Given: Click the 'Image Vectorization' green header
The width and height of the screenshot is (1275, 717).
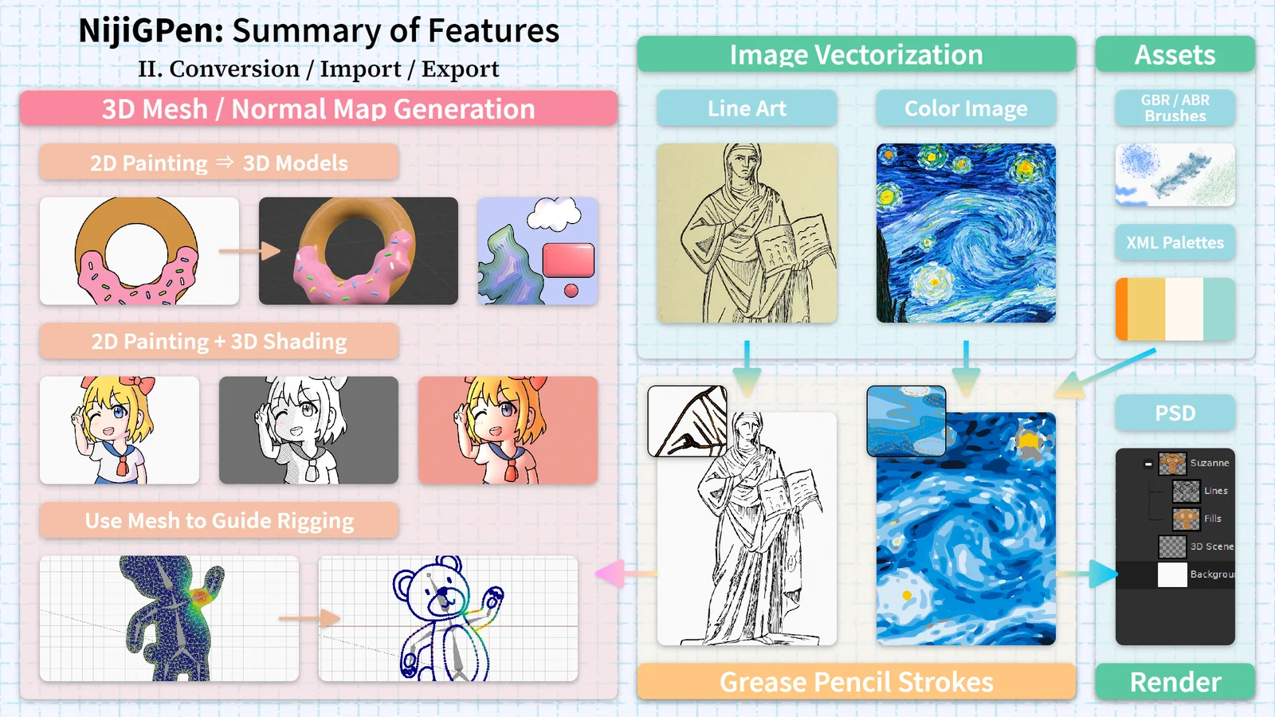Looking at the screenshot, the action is click(x=856, y=54).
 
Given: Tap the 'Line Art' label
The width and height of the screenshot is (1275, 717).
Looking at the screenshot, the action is click(x=747, y=108).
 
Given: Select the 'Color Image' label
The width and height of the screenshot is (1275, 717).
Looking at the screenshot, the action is click(x=966, y=108).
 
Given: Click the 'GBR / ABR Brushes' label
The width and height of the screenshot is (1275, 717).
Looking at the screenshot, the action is click(x=1175, y=108).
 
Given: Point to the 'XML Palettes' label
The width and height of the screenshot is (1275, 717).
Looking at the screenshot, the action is click(x=1175, y=242).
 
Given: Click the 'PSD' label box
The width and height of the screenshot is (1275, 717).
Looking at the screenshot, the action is click(x=1175, y=413).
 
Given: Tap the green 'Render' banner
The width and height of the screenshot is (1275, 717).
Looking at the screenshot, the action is click(x=1175, y=681).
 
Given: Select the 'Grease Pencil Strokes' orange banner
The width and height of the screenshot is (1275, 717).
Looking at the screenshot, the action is click(x=856, y=681).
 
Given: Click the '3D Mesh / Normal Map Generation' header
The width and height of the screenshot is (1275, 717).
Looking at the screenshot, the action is click(x=319, y=108).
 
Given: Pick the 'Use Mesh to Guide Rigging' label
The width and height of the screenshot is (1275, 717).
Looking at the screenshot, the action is click(x=219, y=520).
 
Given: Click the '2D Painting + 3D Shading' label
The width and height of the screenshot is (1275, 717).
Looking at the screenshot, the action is click(x=219, y=341).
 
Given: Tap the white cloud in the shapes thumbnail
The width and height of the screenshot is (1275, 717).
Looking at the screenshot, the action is click(x=554, y=214).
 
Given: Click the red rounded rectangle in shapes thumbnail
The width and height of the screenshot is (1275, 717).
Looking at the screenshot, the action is click(x=568, y=260).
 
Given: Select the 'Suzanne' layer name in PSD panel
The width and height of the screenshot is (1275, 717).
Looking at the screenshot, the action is click(x=1210, y=463).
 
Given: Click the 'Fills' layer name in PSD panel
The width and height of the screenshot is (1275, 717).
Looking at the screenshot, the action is click(x=1212, y=519).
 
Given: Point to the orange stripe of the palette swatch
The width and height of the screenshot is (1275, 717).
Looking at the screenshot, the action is click(x=1121, y=309).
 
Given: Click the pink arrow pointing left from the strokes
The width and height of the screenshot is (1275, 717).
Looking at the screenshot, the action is click(x=626, y=573).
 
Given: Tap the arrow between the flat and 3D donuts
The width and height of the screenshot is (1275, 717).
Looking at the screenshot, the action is click(x=249, y=250).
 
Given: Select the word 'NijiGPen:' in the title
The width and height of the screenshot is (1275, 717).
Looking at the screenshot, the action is click(x=151, y=31).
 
